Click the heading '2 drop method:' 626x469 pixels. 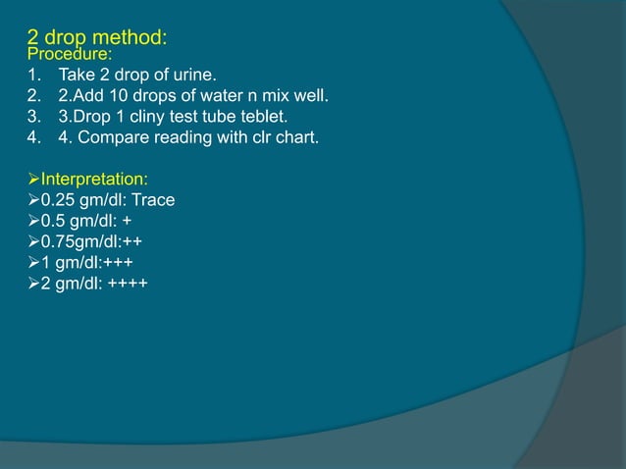point(96,39)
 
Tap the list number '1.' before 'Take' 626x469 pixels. point(34,76)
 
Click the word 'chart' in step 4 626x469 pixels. point(294,137)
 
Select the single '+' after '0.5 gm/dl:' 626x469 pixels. point(129,222)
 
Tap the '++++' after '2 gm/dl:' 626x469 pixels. point(130,284)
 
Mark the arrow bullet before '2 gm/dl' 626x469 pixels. point(32,284)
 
